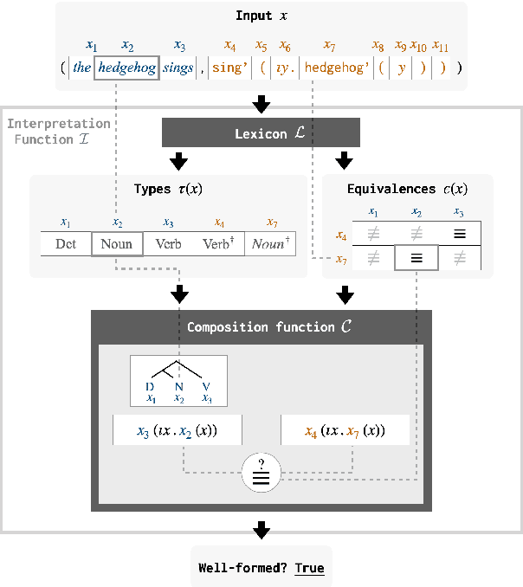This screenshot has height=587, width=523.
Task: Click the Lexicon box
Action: click(x=261, y=134)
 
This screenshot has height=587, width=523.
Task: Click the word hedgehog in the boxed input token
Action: click(x=127, y=67)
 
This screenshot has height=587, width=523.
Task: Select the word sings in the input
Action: click(x=180, y=67)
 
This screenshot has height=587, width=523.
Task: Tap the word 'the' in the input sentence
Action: click(x=82, y=67)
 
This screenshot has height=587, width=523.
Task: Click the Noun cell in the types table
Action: click(x=116, y=243)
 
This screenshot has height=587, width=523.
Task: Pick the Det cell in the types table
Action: click(x=66, y=243)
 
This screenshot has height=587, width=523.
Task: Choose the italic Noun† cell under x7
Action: click(x=269, y=243)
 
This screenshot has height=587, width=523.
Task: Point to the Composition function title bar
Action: click(x=257, y=327)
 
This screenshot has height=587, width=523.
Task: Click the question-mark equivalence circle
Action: click(x=261, y=471)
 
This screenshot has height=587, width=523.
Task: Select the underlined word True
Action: click(x=309, y=568)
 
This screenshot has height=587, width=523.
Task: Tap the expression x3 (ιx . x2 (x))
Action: click(x=178, y=430)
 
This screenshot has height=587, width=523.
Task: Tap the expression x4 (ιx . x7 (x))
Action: click(x=345, y=430)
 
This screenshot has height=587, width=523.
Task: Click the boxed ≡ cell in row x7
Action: click(x=416, y=258)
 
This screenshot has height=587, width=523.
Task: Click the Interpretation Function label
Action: click(x=58, y=131)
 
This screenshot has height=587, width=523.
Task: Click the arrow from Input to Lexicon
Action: click(x=261, y=105)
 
